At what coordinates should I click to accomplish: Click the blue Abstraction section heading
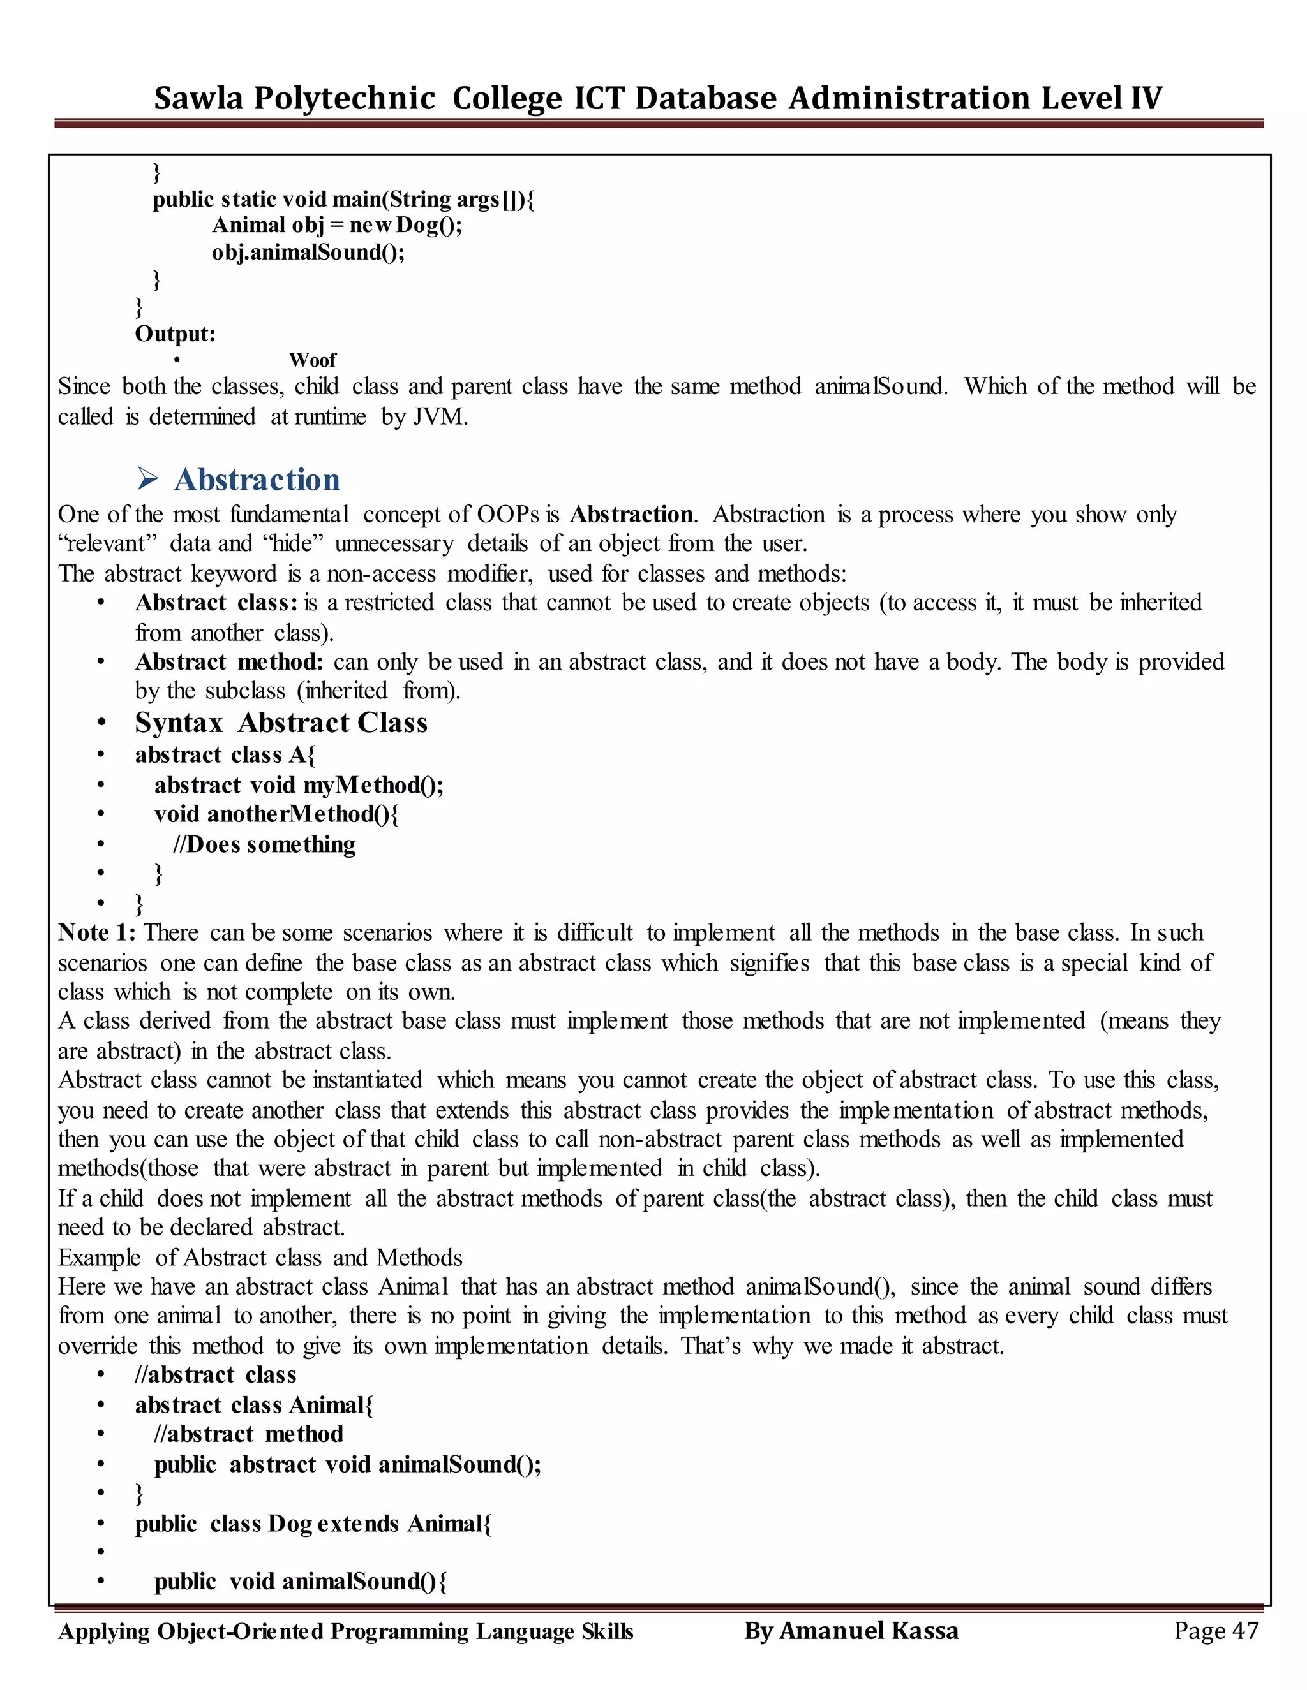coord(257,480)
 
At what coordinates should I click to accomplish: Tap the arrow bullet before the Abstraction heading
coord(147,480)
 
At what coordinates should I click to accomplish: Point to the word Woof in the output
coord(312,360)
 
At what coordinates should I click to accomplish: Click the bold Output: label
coord(175,334)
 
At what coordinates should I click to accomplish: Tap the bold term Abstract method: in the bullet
coord(228,663)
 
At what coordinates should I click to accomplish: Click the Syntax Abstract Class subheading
coord(281,723)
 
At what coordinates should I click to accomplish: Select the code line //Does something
coord(264,844)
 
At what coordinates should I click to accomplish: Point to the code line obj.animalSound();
coord(308,253)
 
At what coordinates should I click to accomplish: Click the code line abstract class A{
coord(225,754)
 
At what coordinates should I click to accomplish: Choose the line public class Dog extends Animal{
coord(313,1524)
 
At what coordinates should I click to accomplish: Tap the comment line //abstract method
coord(248,1434)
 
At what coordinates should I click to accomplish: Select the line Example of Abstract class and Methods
coord(260,1258)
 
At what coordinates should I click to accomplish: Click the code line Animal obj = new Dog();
coord(337,225)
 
